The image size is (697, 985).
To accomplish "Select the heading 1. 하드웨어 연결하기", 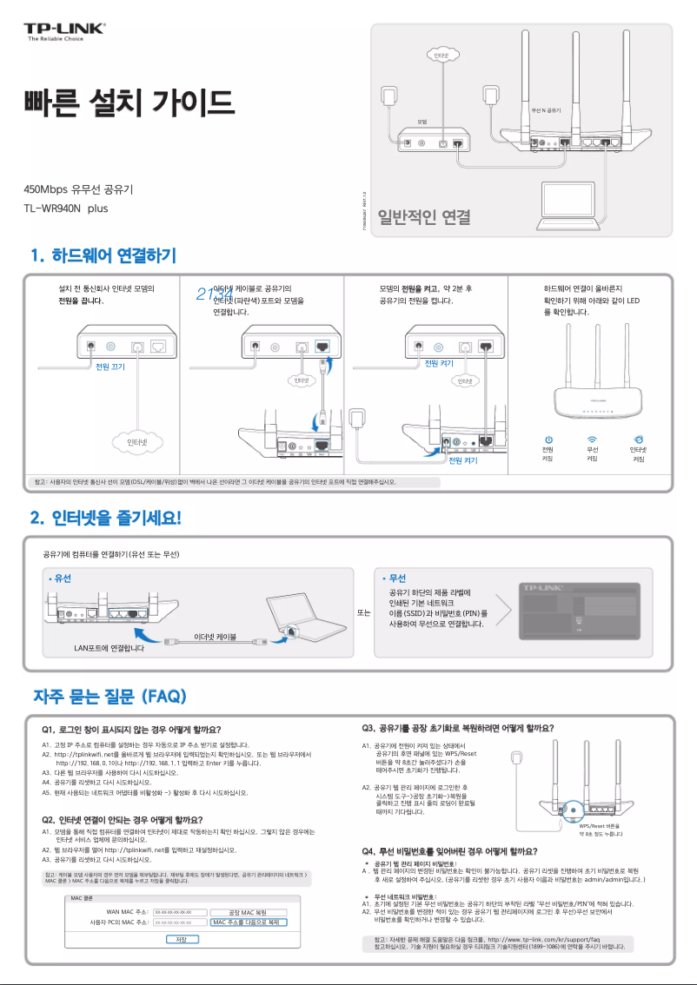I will click(103, 255).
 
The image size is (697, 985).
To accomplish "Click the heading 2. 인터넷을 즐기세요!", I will click(105, 519).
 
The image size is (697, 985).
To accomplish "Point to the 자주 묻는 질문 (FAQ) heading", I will click(108, 697).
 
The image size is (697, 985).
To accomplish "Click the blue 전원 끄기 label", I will click(110, 367).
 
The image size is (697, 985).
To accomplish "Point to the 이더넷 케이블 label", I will click(215, 637).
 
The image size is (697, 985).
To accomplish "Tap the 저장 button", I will click(182, 939).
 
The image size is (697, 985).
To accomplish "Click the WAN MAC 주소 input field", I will click(180, 911).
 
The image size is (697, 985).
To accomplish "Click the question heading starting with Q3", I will click(457, 728).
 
